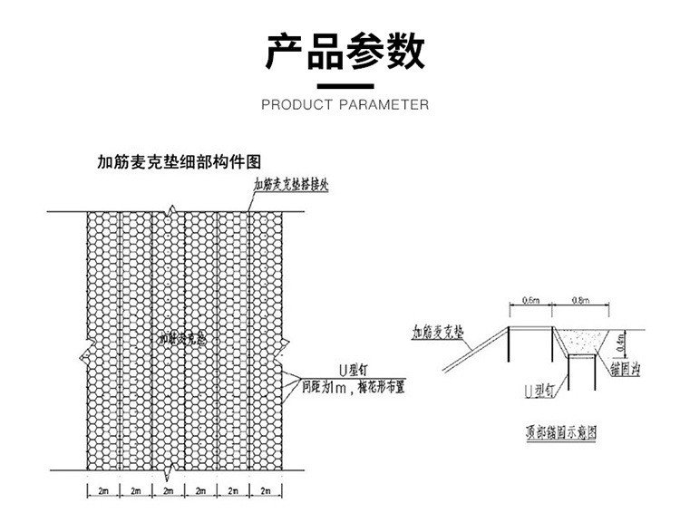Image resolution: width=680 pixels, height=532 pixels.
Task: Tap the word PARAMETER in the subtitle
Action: pos(384,104)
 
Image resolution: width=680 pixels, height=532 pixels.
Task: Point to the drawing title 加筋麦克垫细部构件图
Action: pos(179,162)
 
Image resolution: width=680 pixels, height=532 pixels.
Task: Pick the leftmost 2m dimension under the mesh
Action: pos(102,490)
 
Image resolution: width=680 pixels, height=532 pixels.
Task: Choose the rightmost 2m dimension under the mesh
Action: pos(264,490)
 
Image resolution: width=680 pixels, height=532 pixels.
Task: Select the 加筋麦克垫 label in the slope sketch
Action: pos(438,332)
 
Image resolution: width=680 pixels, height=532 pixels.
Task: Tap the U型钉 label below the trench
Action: pos(543,392)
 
